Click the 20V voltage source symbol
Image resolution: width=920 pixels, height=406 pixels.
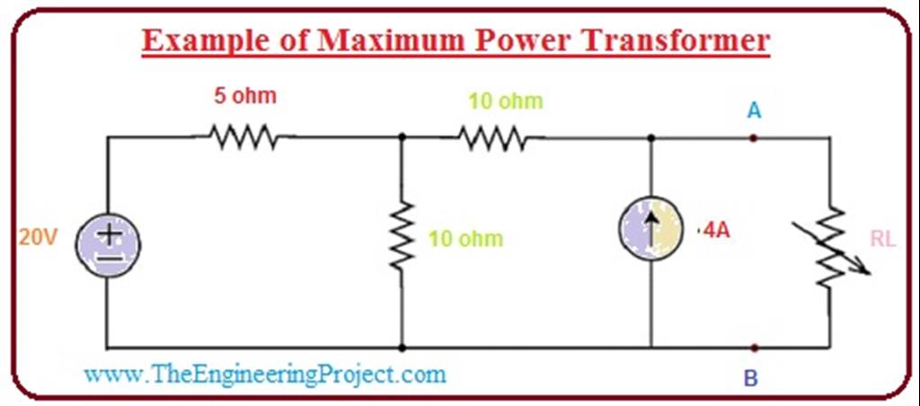click(108, 243)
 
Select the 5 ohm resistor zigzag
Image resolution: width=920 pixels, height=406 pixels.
click(243, 137)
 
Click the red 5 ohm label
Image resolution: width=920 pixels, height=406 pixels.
click(244, 96)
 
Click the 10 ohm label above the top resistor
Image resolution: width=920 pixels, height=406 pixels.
click(506, 101)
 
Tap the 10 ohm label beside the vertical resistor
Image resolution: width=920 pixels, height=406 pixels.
click(465, 239)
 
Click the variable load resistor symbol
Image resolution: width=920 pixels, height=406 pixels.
click(832, 247)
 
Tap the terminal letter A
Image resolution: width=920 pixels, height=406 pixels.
click(755, 110)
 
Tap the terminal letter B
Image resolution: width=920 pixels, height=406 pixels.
click(752, 378)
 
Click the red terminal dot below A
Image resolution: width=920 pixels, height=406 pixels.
click(754, 137)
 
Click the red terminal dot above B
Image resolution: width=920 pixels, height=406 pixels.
click(754, 348)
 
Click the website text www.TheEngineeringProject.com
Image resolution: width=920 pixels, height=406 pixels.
click(265, 373)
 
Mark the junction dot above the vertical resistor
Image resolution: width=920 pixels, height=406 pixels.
click(402, 137)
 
